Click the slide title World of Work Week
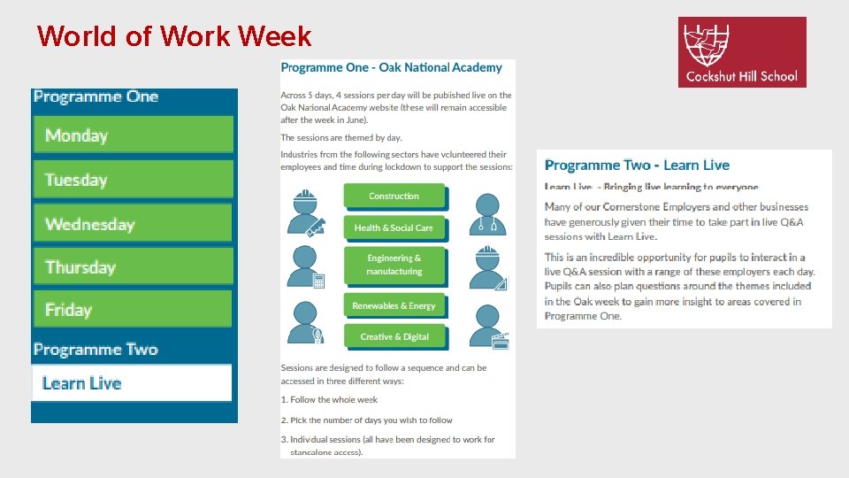174,36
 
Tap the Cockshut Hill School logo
742,52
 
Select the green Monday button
134,135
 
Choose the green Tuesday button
134,180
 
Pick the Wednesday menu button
134,224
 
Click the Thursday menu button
134,267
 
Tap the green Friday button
134,310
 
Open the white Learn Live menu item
132,383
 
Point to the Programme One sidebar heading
96,97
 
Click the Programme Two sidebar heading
96,350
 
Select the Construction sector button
394,196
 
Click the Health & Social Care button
394,227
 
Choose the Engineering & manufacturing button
394,265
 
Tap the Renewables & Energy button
394,305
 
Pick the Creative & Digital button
394,336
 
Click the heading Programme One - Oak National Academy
391,67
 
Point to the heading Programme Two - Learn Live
637,166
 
